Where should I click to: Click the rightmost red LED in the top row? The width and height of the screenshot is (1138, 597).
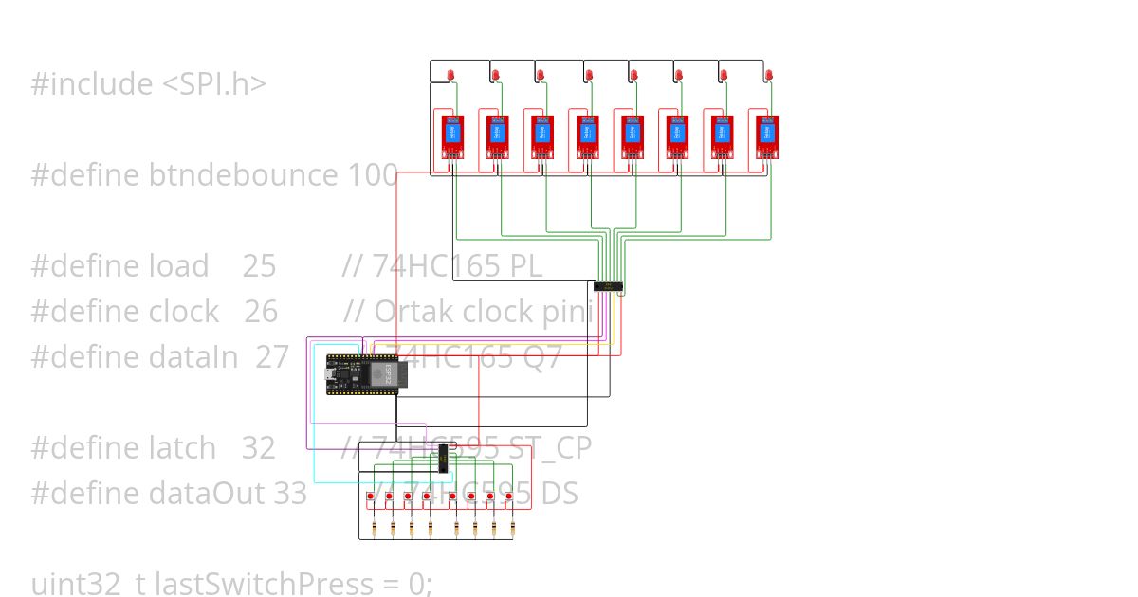point(769,74)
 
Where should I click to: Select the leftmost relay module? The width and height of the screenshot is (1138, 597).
point(452,136)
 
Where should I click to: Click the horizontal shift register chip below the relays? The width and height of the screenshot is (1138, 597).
point(608,285)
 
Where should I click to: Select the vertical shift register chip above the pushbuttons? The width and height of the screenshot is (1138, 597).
point(443,462)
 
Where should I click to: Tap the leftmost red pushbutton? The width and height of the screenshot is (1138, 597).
point(370,497)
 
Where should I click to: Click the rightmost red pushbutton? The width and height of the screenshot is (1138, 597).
point(513,497)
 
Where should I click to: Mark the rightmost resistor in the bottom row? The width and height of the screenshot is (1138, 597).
point(513,528)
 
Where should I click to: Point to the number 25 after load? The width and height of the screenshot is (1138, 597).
point(259,266)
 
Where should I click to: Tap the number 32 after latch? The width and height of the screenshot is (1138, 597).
point(258,447)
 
